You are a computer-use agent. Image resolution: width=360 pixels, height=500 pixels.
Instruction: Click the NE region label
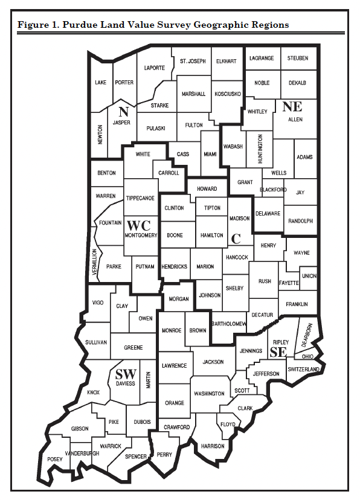coord(292,106)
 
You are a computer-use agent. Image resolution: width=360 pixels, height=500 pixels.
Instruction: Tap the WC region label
coord(138,225)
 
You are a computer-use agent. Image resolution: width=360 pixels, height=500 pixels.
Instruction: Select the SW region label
coord(126,373)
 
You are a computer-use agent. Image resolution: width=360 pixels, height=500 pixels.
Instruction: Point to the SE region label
coord(278,351)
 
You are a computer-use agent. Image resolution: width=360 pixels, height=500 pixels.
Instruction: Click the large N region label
coord(124,111)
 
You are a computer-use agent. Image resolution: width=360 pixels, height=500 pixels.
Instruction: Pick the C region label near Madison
coord(236,238)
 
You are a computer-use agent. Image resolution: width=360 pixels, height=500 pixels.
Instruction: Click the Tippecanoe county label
coord(140,198)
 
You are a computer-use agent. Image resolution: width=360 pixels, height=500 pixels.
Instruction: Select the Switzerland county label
coord(303,369)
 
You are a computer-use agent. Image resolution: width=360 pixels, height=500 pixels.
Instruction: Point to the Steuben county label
coord(298,59)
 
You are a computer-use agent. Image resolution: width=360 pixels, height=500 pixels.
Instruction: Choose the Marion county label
coord(205,266)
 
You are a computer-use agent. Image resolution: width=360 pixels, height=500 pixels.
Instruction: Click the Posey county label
coord(55,459)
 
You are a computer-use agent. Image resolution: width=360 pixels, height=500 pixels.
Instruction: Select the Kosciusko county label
coord(228,94)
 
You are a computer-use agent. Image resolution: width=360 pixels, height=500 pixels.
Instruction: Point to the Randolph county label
coord(300,221)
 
